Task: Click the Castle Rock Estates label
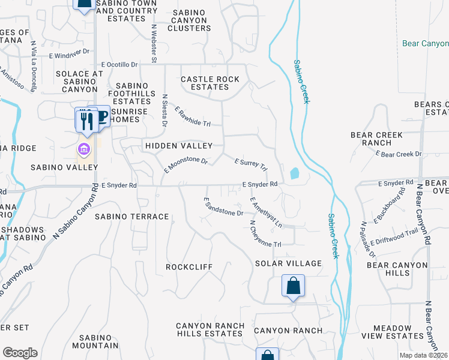[x=210, y=83]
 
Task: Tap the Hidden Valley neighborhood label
[x=178, y=146]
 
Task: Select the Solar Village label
[x=288, y=263]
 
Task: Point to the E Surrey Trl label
[x=250, y=164]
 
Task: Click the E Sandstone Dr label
[x=223, y=207]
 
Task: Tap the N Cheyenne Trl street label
[x=265, y=234]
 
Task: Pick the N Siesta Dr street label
[x=164, y=110]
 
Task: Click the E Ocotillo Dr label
[x=119, y=64]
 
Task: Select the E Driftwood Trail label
[x=394, y=238]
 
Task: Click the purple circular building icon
[x=83, y=148]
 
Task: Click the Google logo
[x=20, y=353]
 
